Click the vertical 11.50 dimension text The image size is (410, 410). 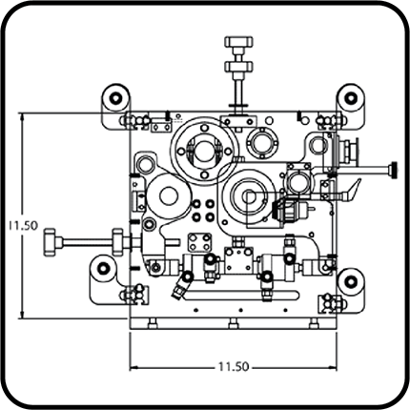[23, 225]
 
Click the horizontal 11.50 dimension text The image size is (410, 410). [234, 367]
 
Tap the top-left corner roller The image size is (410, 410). [115, 97]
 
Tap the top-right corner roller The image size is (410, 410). [351, 97]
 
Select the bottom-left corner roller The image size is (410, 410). [103, 269]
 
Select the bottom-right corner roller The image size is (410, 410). [351, 281]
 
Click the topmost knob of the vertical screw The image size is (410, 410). [238, 41]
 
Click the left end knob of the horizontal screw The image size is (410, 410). [50, 242]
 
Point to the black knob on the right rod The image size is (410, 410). [395, 169]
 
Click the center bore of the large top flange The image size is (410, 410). [204, 152]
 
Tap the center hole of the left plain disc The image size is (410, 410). [169, 196]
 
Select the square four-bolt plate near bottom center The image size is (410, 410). [199, 242]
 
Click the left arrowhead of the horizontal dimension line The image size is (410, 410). [133, 367]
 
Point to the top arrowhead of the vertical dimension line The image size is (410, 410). [22, 117]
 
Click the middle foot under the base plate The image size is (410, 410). [233, 323]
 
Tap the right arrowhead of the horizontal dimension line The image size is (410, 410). [333, 367]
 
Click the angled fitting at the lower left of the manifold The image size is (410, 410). [181, 288]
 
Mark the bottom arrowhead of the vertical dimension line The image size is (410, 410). [22, 314]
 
